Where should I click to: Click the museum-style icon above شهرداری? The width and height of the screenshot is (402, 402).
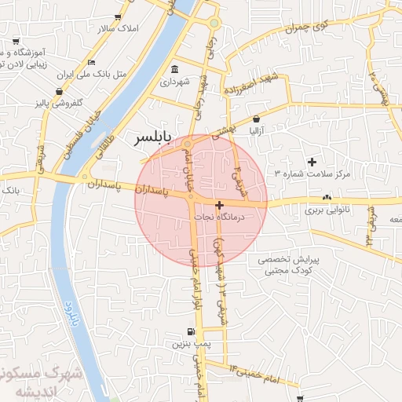pyautogui.click(x=174, y=69)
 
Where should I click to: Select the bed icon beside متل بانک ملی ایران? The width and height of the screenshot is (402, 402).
pyautogui.click(x=92, y=63)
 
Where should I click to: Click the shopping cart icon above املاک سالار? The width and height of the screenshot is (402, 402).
pyautogui.click(x=118, y=16)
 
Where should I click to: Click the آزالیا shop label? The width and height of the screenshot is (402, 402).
pyautogui.click(x=257, y=130)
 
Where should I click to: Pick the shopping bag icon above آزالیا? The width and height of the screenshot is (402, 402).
pyautogui.click(x=256, y=119)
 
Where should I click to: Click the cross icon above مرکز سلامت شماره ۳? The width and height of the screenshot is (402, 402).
pyautogui.click(x=312, y=161)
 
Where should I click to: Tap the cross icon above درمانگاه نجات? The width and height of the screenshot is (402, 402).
pyautogui.click(x=219, y=205)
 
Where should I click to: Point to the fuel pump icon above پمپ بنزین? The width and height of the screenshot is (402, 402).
pyautogui.click(x=191, y=332)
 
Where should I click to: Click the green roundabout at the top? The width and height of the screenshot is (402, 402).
pyautogui.click(x=214, y=23)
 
